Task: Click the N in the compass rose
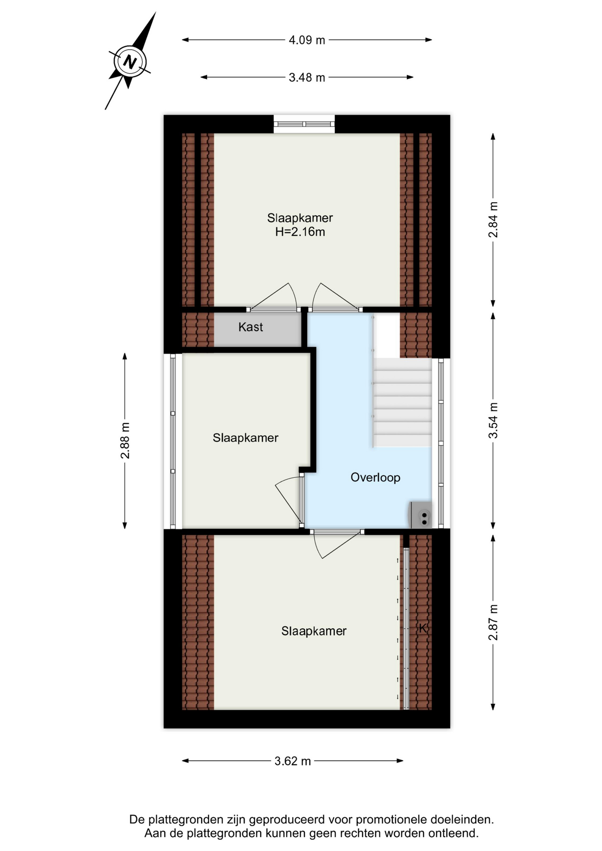[129, 62]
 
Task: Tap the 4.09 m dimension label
[307, 40]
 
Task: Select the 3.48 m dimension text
[307, 78]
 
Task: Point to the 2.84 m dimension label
[493, 220]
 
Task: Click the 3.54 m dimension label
[493, 421]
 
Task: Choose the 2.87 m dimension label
[493, 622]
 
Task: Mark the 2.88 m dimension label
[125, 441]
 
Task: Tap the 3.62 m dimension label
[293, 761]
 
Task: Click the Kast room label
[250, 327]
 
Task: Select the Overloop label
[375, 477]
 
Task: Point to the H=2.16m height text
[300, 232]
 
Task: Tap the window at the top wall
[304, 124]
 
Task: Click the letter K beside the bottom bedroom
[423, 628]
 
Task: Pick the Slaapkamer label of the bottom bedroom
[314, 631]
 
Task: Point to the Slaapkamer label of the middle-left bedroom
[246, 438]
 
